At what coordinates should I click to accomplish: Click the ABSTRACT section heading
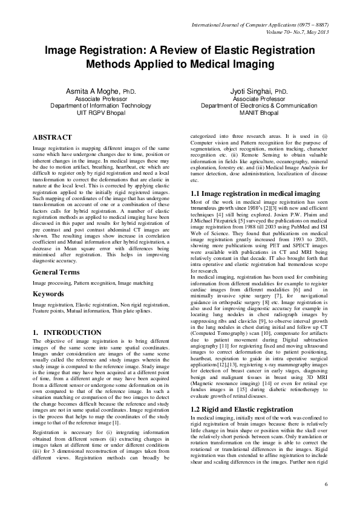[52, 138]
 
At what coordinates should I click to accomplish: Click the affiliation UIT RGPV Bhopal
[100, 112]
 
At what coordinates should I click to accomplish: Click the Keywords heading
[49, 294]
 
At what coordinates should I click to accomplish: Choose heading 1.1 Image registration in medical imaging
[255, 193]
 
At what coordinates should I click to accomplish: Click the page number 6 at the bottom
[326, 485]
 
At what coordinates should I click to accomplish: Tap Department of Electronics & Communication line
[258, 105]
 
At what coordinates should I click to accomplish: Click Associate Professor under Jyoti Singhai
[258, 99]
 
